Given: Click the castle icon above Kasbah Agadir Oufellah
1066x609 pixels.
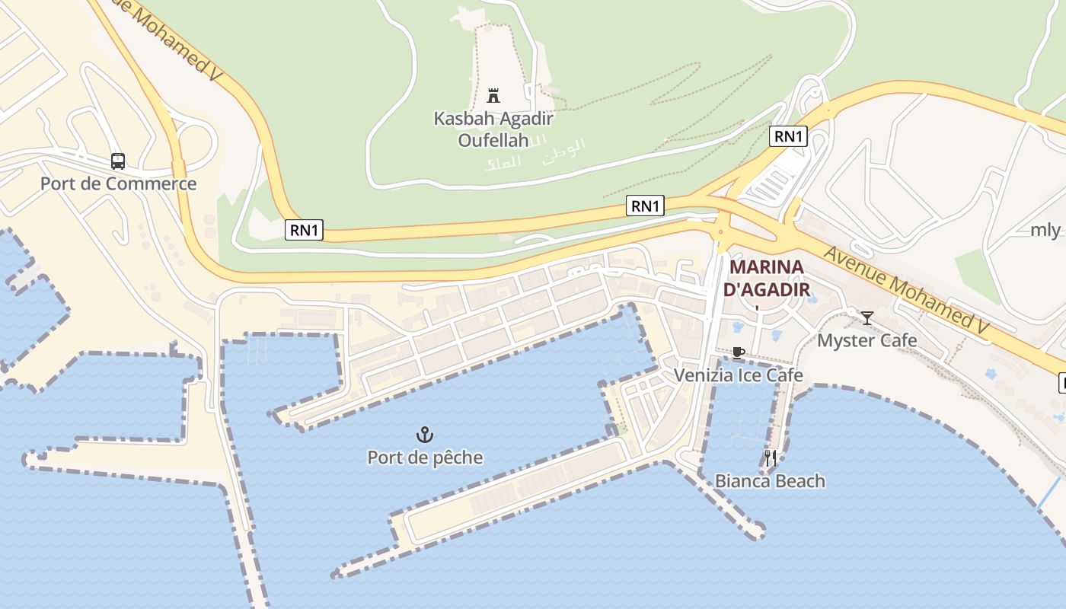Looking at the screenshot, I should pos(493,96).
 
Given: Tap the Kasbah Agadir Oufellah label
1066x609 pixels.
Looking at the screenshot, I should pos(493,129).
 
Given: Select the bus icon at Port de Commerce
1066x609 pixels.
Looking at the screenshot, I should pos(118,161).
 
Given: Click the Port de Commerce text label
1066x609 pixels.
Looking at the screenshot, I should pos(118,183).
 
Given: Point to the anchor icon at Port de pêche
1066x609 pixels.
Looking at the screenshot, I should pos(425,435).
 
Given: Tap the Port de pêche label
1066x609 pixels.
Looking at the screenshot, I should pos(425,458).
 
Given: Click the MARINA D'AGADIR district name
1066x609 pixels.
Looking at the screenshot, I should pos(766,278).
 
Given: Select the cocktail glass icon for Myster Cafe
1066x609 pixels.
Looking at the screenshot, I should pos(867,318).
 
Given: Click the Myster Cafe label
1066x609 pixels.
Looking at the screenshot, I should pos(867,340).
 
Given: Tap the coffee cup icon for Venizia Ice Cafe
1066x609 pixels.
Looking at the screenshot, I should pos(737,352).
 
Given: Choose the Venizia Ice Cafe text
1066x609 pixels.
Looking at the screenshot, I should pos(738,375).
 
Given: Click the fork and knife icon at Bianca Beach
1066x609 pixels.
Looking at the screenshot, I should pos(770,458).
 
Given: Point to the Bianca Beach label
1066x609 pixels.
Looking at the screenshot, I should pos(770,481).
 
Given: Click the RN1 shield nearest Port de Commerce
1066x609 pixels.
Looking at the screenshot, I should pos(304,230).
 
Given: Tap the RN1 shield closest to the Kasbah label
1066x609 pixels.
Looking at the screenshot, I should pos(645,206).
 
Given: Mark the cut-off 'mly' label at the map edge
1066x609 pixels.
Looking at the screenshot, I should pos(1045,230).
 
